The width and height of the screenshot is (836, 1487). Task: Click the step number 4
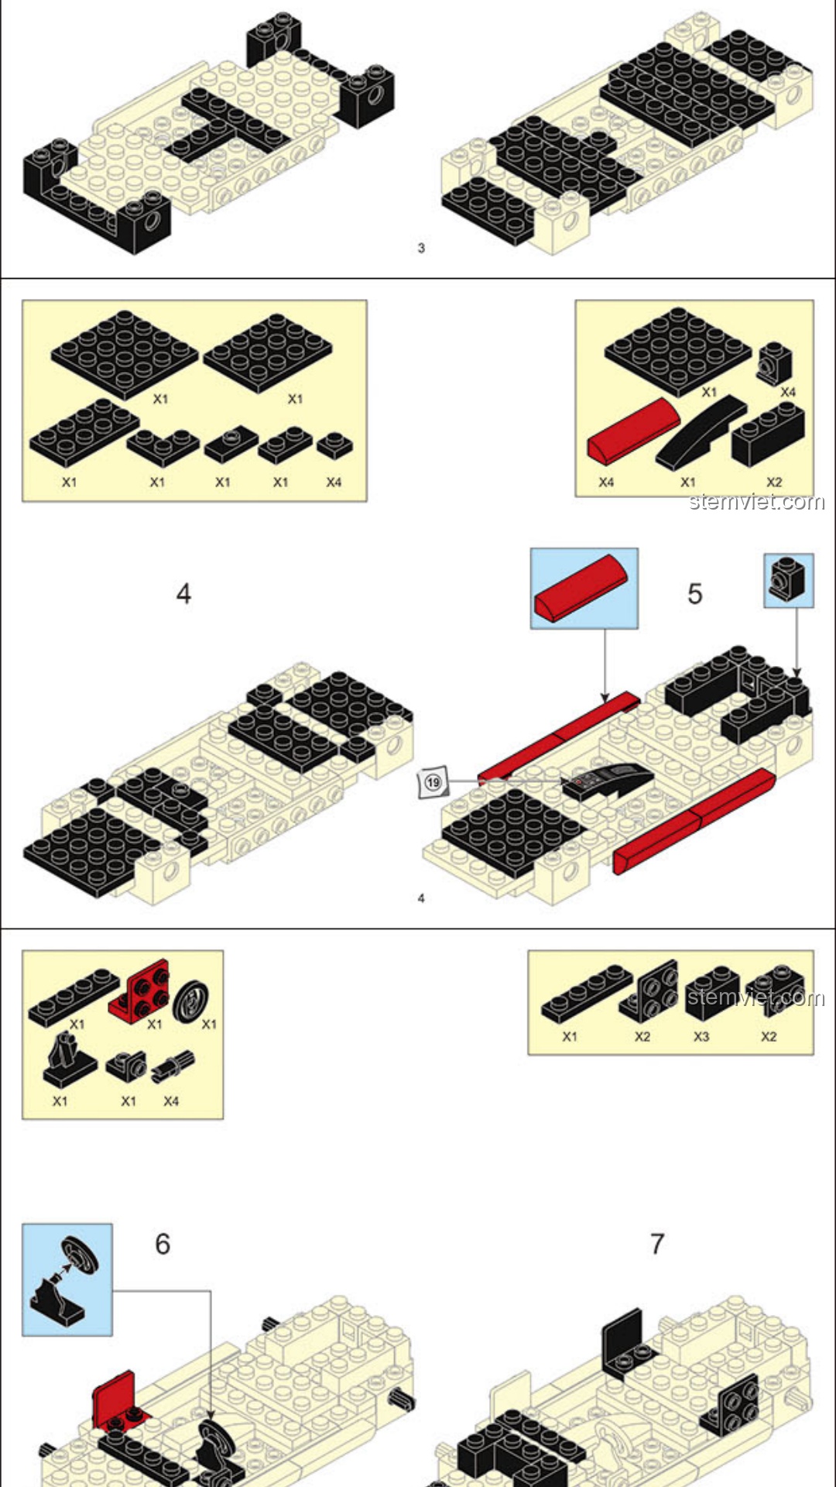tap(183, 594)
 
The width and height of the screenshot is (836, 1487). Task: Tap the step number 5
tap(694, 594)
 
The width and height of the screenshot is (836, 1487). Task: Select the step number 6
tap(163, 1244)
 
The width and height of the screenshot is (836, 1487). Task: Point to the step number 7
tap(657, 1244)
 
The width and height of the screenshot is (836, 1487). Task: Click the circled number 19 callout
tap(433, 782)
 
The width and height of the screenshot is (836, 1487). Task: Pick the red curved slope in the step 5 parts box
tap(632, 431)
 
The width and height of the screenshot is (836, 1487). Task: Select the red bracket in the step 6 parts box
tap(140, 989)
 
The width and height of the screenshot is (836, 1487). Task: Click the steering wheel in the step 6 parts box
tap(190, 1001)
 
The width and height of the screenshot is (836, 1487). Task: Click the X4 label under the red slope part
tap(606, 482)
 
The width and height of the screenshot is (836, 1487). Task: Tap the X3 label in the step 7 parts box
tap(701, 1036)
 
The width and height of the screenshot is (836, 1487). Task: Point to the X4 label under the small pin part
tap(171, 1101)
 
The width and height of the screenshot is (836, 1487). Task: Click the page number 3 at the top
tap(421, 248)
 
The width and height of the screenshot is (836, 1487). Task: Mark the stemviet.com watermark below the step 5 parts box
tap(757, 502)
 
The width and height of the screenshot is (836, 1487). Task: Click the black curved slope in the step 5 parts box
tap(701, 432)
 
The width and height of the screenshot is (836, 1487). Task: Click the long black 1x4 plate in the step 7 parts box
tap(588, 994)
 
